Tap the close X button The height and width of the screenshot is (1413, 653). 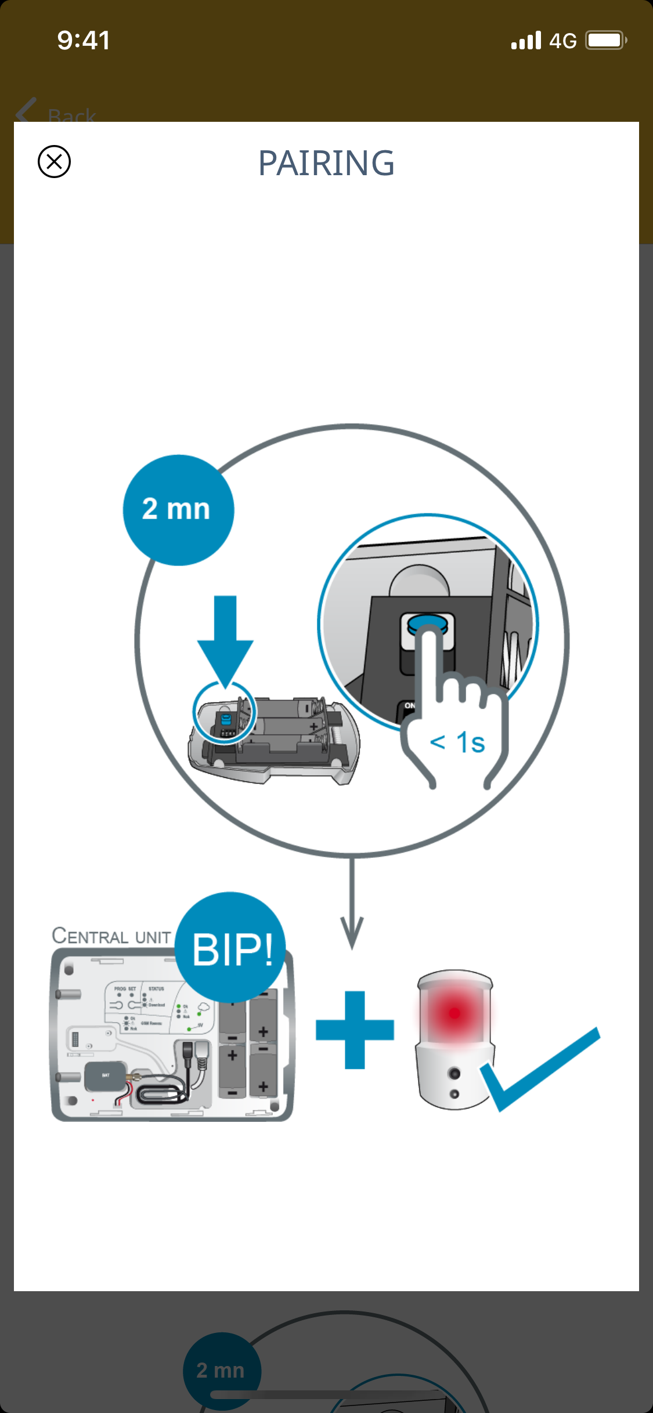tap(54, 161)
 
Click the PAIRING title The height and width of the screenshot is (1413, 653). tap(326, 163)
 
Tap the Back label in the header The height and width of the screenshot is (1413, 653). tap(71, 115)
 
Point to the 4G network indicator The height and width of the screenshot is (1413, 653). tap(562, 41)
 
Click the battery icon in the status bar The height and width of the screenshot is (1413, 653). tap(605, 41)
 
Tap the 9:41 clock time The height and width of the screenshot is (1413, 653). tap(84, 41)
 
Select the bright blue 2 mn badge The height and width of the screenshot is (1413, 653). tap(178, 510)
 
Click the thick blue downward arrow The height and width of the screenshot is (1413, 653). tap(225, 638)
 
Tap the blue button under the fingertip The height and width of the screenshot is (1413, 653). tap(427, 624)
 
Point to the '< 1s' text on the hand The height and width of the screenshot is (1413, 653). tap(457, 742)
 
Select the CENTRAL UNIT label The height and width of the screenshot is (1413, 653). tap(111, 936)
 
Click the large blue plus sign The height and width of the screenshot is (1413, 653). tap(355, 1030)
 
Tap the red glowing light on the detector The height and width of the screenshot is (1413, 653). tap(454, 1013)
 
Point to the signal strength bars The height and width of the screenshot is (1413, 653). tap(526, 41)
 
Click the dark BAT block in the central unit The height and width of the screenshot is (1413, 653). tap(105, 1077)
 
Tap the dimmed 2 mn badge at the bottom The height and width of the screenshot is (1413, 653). tap(221, 1370)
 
